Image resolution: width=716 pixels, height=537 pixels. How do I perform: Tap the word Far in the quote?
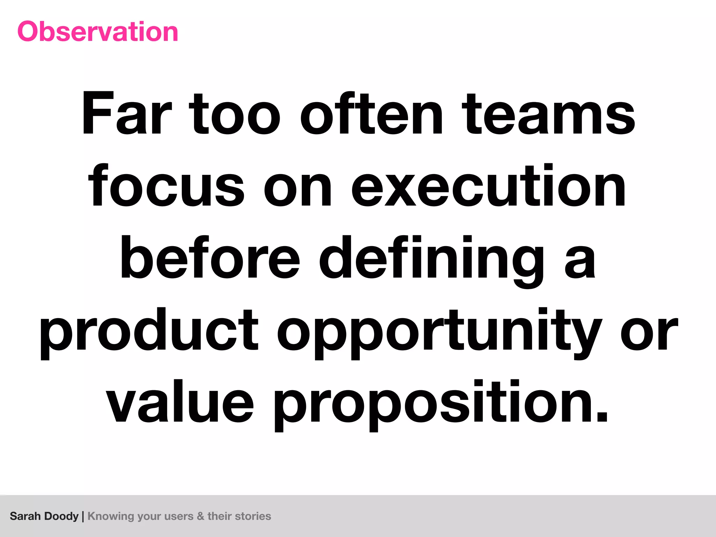(x=127, y=114)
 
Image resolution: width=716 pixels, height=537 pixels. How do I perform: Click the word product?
(x=149, y=332)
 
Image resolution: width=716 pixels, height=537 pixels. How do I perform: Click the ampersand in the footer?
(x=200, y=516)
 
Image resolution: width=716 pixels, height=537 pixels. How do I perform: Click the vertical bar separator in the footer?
(x=83, y=516)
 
